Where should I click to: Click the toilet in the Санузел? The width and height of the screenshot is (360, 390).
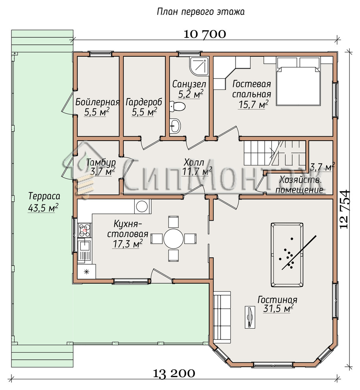click(178, 107)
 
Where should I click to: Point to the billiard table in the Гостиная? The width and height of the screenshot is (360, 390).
click(287, 253)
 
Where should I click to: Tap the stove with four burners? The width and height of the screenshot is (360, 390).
click(85, 230)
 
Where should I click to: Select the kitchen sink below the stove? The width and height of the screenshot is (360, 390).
click(85, 251)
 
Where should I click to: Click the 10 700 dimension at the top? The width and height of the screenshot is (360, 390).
click(205, 34)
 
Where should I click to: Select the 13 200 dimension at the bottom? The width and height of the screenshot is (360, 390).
click(174, 373)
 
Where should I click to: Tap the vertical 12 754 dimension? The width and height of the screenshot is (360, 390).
click(345, 209)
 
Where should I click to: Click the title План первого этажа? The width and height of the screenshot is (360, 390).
click(200, 12)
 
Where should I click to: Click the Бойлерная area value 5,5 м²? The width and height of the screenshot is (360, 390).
click(97, 112)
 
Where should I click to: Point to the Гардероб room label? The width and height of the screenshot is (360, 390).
click(144, 102)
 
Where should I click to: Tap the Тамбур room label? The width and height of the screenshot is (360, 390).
click(101, 162)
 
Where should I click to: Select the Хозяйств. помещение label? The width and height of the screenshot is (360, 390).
click(300, 185)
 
